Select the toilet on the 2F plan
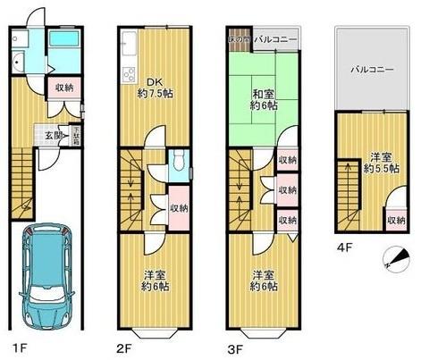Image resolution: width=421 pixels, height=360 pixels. tap(179, 161)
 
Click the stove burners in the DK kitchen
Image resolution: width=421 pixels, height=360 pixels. tap(128, 75)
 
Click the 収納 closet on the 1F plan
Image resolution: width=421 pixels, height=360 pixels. tap(63, 88)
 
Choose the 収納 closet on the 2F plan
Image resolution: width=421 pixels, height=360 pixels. tap(179, 207)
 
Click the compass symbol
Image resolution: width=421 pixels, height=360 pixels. tap(397, 258)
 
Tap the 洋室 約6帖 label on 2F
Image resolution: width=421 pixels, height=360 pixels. tap(154, 280)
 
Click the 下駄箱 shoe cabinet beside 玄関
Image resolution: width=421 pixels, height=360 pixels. tap(76, 136)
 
